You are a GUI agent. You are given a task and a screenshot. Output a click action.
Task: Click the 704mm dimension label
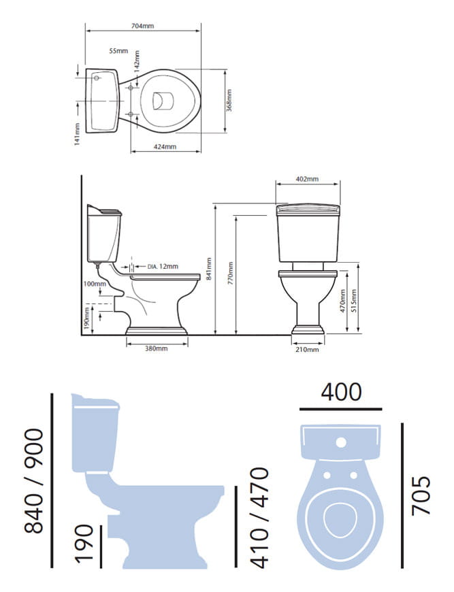click(x=142, y=26)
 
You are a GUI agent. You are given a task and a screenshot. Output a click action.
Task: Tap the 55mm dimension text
click(x=118, y=51)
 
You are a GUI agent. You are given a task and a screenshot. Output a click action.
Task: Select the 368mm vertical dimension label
click(x=229, y=101)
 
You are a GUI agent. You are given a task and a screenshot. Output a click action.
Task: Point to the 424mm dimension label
click(x=165, y=146)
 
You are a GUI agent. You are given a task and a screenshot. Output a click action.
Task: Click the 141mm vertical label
click(x=77, y=134)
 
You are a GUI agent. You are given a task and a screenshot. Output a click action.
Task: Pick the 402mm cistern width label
click(x=307, y=178)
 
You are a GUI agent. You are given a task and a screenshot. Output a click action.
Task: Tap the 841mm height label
click(x=209, y=269)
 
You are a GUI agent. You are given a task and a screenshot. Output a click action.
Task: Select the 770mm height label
click(x=231, y=273)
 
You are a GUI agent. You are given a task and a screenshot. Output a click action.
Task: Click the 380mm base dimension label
click(x=157, y=348)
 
